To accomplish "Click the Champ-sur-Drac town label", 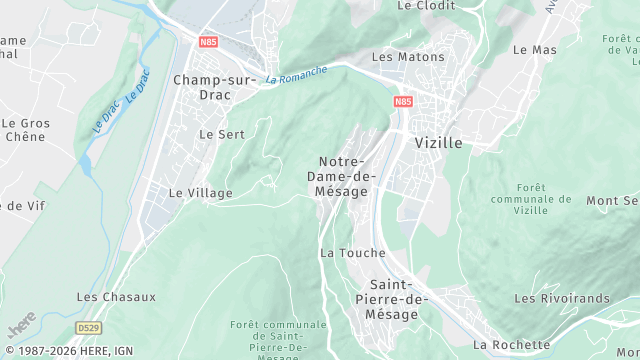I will coord(215,87).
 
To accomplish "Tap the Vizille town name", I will coord(438,143).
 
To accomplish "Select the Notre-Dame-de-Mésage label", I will coord(342,176).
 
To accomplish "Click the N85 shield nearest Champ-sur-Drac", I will coord(208,42).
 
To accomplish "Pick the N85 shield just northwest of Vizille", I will coord(403,102).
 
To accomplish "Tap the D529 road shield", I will coord(89,327).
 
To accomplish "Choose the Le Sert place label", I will coord(221,134).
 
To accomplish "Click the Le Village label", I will coord(200,193).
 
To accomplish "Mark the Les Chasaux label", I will coord(117,297).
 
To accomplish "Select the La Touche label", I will coord(352,253).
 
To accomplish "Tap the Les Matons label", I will coord(408,57).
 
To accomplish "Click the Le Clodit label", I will coord(426,5).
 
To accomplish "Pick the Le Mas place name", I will coord(534,49).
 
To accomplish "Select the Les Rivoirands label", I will coord(561,299).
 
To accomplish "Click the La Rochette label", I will coord(511,345).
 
